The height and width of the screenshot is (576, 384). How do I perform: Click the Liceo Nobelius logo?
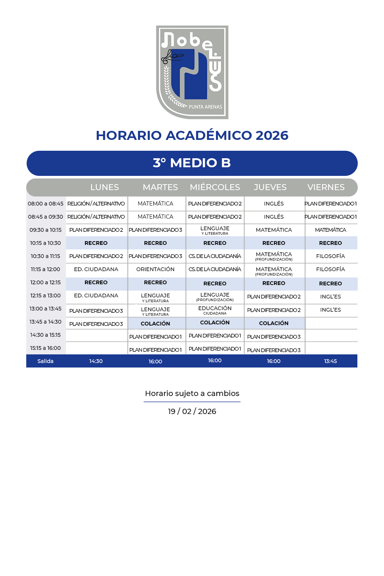[192, 72]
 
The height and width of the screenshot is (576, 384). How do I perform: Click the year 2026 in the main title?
[272, 135]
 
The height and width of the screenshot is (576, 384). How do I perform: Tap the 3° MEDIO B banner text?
[192, 163]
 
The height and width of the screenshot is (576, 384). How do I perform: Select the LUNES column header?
[105, 187]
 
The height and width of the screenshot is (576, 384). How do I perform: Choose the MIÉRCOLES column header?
[215, 187]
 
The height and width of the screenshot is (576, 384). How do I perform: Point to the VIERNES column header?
[326, 187]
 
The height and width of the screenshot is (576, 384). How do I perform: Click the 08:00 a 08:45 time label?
[46, 204]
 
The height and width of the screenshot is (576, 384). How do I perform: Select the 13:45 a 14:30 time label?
[45, 322]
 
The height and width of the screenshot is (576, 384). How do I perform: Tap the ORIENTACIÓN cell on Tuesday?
[155, 269]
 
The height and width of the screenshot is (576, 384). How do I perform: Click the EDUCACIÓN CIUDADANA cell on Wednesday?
[215, 310]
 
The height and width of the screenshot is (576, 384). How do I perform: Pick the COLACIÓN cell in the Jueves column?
[274, 323]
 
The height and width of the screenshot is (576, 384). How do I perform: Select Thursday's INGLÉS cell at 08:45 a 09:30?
[274, 217]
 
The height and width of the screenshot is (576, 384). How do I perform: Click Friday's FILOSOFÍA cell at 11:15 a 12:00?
[330, 269]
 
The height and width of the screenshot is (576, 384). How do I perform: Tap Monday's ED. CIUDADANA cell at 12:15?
[96, 295]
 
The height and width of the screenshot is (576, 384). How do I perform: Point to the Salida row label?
[45, 361]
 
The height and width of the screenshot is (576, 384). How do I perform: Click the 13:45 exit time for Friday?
[330, 361]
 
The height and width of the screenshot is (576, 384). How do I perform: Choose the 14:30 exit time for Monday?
[96, 361]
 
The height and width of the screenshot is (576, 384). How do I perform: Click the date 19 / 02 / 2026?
[192, 411]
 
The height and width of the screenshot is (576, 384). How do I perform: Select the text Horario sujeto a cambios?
[192, 393]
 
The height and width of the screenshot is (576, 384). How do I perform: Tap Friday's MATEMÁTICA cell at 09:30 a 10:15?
[330, 230]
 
